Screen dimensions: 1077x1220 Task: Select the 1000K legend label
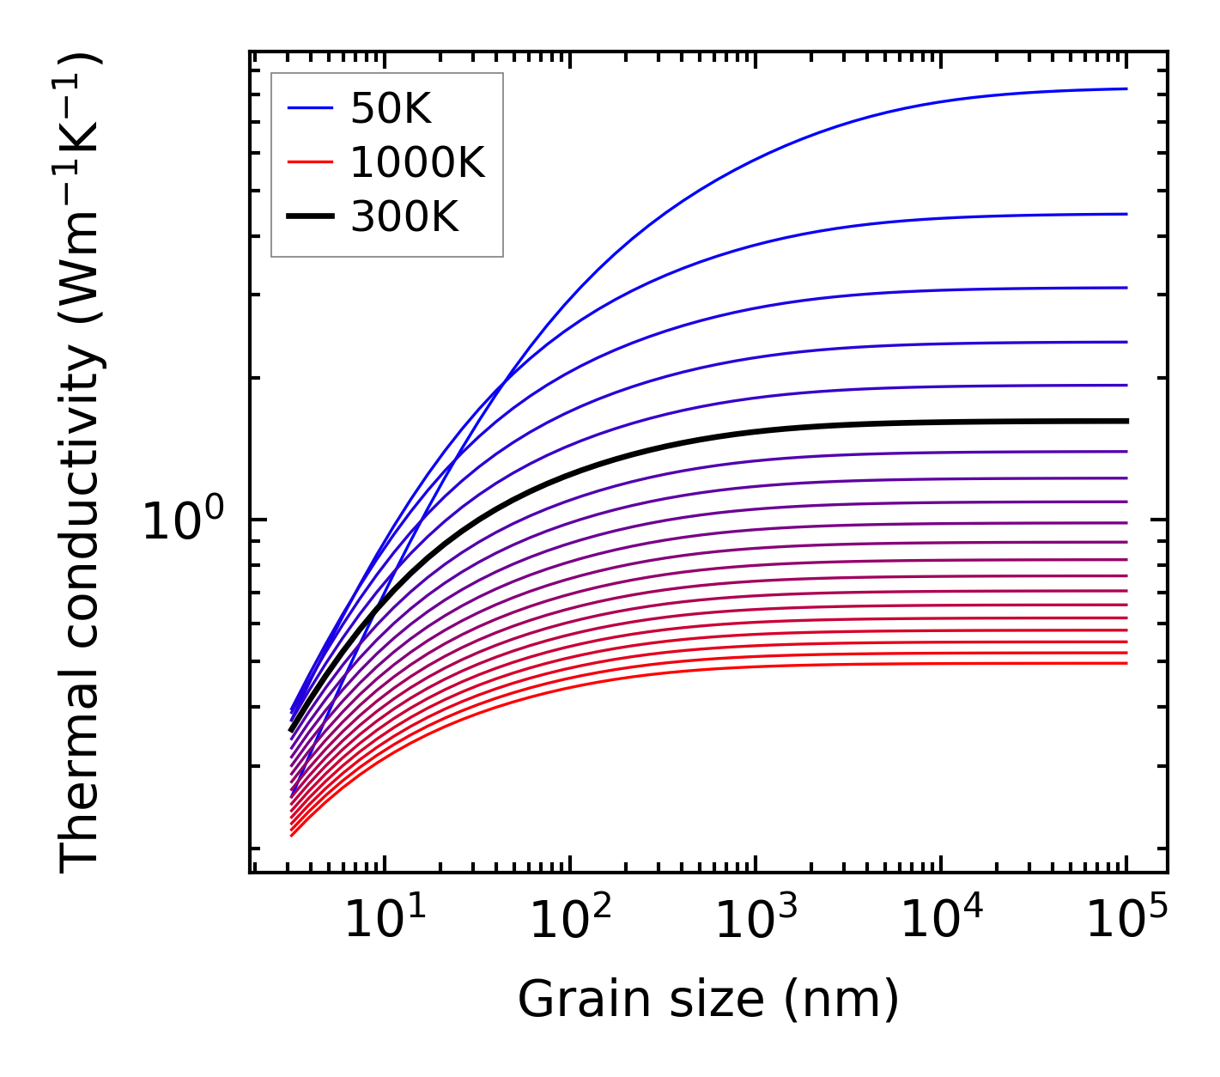pyautogui.click(x=417, y=162)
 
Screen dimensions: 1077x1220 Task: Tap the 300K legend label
pyautogui.click(x=404, y=217)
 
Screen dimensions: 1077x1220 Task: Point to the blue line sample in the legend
pyautogui.click(x=309, y=108)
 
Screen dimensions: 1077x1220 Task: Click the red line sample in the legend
pyautogui.click(x=309, y=162)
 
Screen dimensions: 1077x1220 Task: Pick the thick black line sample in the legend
pyautogui.click(x=309, y=217)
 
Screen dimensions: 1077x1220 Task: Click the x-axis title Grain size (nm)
pyautogui.click(x=708, y=1000)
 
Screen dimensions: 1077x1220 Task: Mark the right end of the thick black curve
pyautogui.click(x=1126, y=421)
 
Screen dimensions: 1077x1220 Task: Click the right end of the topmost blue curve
pyautogui.click(x=1126, y=88)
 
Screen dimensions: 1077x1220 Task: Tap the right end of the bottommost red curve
pyautogui.click(x=1126, y=663)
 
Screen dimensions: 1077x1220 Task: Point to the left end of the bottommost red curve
pyautogui.click(x=293, y=835)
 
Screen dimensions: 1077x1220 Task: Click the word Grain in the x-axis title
pyautogui.click(x=569, y=1000)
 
